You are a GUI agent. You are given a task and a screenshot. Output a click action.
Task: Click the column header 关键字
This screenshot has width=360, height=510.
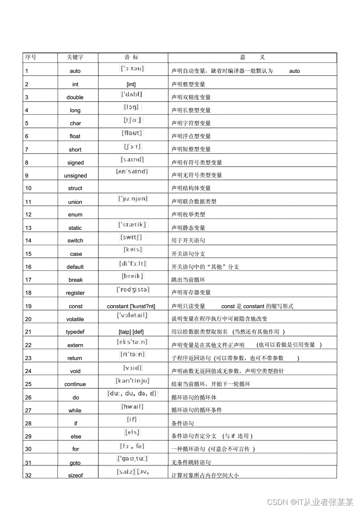75,57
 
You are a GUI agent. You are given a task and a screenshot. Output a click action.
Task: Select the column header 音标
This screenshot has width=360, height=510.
131,57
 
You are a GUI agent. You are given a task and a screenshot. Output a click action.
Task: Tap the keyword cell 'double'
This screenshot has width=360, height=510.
75,97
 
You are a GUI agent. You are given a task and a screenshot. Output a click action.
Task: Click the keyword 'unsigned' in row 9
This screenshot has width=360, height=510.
75,176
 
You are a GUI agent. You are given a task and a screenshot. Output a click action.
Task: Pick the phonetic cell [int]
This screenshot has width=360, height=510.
131,84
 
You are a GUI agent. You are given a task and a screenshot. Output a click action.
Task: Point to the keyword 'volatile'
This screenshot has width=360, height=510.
75,319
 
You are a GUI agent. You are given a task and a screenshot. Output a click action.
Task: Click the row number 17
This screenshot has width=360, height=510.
28,280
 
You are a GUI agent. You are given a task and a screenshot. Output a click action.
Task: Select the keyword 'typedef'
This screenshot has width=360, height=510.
75,332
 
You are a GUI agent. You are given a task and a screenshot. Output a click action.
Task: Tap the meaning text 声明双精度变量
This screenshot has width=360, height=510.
191,97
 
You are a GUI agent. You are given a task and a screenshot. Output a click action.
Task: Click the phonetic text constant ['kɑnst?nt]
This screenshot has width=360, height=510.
131,306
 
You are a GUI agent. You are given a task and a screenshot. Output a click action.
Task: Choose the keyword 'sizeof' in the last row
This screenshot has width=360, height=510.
76,475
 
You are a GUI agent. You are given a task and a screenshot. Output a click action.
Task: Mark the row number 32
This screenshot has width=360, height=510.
28,475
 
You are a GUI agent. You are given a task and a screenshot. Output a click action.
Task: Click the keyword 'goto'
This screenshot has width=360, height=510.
75,463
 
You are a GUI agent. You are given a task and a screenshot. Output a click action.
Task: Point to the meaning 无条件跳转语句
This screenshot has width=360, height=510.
191,463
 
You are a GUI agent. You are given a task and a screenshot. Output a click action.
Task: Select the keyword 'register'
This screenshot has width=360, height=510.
75,293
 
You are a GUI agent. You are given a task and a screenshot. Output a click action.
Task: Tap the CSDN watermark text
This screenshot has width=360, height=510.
310,502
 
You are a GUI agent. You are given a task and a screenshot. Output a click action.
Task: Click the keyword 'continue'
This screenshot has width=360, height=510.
75,384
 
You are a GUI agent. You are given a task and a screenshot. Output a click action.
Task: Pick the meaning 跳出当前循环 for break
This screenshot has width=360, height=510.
188,280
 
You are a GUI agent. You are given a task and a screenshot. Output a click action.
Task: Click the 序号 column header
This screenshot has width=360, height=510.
31,57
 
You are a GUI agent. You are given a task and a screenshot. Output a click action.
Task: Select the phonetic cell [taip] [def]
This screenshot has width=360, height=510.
131,332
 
